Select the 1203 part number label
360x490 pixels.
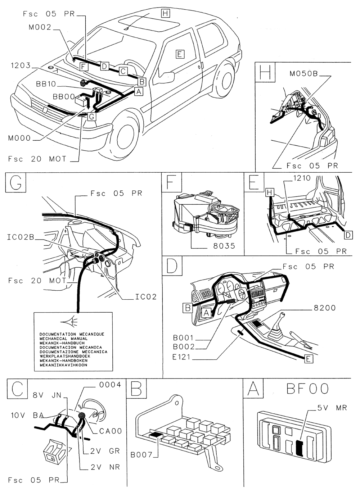point(21,66)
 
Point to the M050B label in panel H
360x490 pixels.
point(304,74)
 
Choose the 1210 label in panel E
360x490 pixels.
point(302,178)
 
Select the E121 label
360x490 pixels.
point(184,357)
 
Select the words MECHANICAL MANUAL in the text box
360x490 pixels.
point(63,339)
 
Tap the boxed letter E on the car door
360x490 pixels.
point(180,54)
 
